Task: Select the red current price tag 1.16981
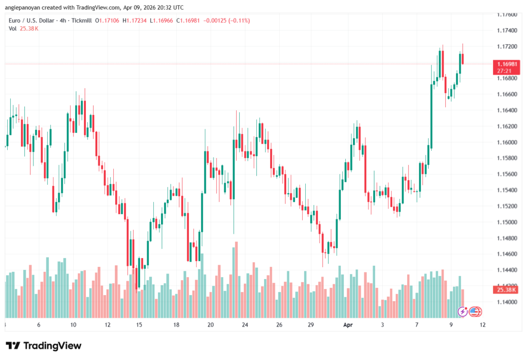[504, 64]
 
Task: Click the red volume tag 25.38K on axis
[504, 290]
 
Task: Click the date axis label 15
[139, 325]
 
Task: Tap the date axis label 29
[311, 325]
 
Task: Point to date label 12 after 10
[107, 325]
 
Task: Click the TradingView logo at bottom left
[43, 346]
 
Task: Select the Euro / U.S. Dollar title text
[33, 20]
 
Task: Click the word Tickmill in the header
[91, 20]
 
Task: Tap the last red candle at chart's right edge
[463, 59]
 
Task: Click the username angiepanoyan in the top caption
[24, 7]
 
